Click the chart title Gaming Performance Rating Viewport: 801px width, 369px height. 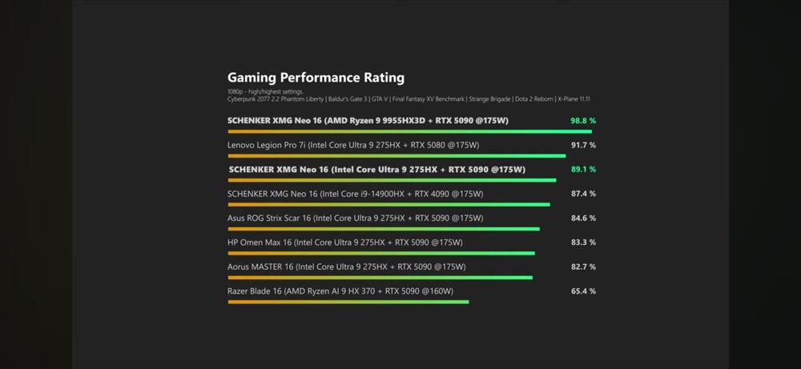(316, 78)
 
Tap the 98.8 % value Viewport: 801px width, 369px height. (582, 121)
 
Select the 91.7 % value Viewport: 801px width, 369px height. (582, 145)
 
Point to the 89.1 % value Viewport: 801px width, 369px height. (582, 170)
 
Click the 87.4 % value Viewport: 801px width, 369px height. (582, 194)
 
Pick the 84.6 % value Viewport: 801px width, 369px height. (582, 218)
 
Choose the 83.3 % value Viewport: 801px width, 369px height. (582, 242)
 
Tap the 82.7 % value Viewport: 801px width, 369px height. (582, 267)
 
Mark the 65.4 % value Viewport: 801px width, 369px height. (582, 291)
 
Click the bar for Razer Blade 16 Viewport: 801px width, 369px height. (348, 302)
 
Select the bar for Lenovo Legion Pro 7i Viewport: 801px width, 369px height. (396, 155)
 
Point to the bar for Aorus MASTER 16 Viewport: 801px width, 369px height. (380, 278)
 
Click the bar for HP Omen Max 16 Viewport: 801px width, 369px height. (381, 253)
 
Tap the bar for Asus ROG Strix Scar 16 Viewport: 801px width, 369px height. (384, 229)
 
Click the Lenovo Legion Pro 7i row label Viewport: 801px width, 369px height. (353, 145)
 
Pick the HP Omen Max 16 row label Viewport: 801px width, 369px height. (344, 242)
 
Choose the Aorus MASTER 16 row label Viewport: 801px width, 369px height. (346, 267)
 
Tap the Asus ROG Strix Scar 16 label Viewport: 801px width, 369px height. (355, 218)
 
